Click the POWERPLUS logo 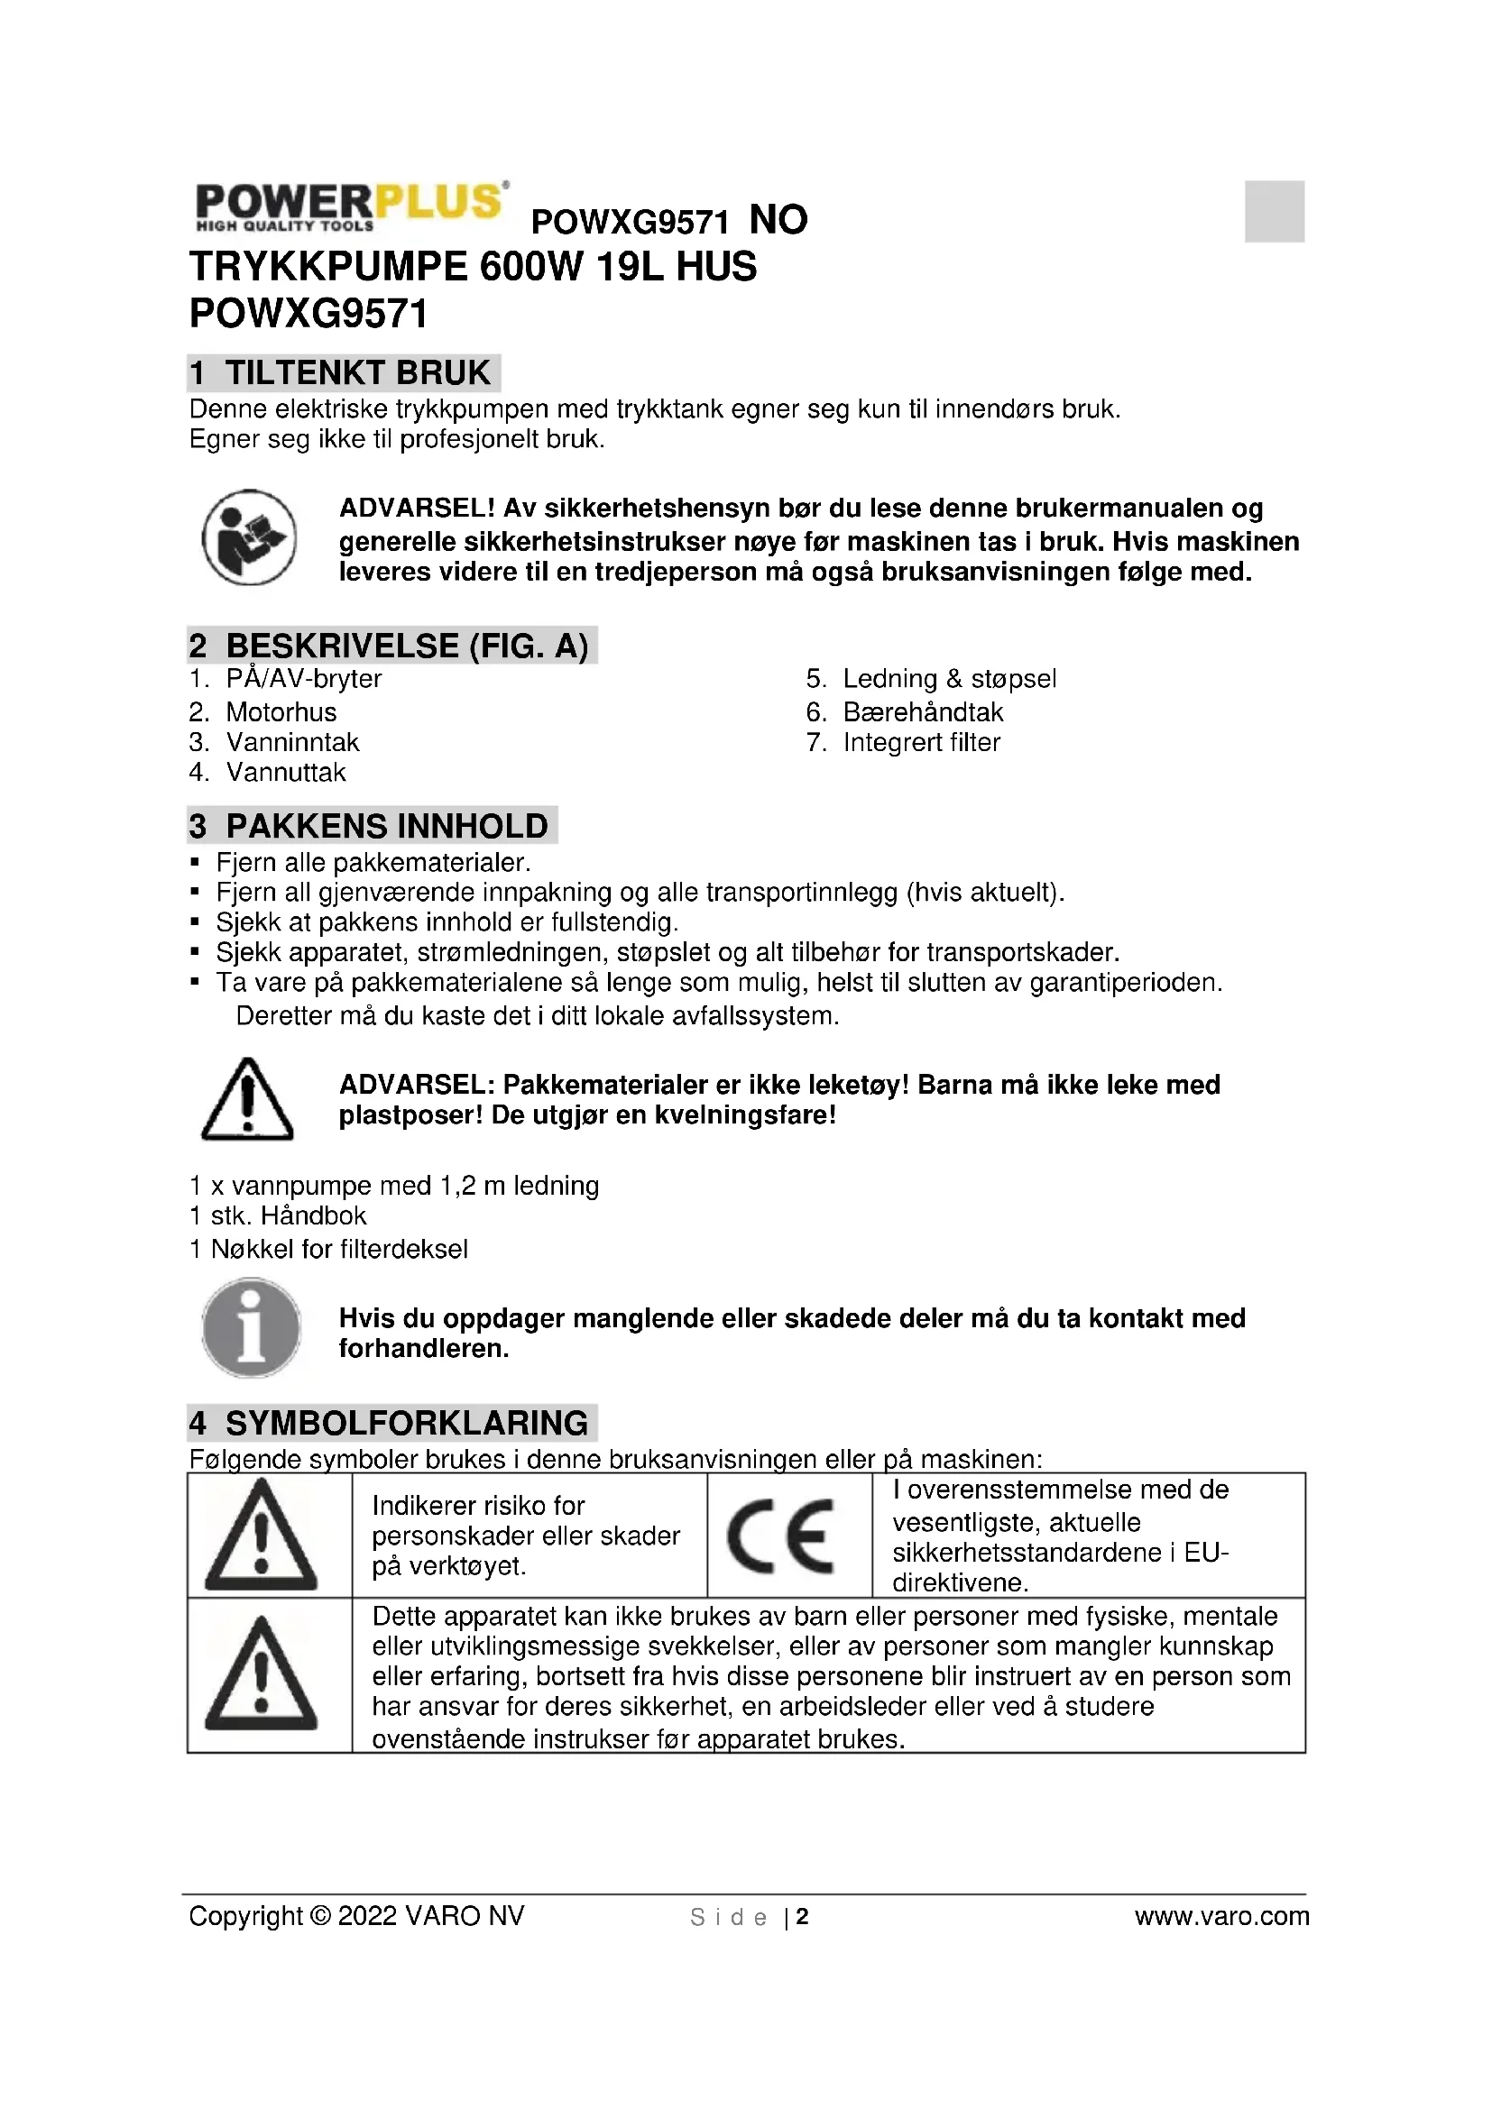tap(349, 206)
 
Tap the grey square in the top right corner tap(1275, 211)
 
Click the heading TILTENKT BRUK tap(344, 373)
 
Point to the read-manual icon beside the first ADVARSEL tap(249, 537)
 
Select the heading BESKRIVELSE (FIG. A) tap(392, 646)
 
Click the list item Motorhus tap(281, 712)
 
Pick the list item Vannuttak tap(286, 773)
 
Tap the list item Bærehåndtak tap(924, 712)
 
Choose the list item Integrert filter tap(922, 742)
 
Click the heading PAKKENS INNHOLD tap(372, 826)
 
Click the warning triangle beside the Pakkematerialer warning tap(247, 1099)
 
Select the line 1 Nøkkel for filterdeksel tap(329, 1249)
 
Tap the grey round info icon tap(251, 1327)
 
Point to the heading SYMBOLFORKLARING tap(392, 1423)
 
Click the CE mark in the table tap(781, 1536)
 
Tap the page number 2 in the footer tap(802, 1917)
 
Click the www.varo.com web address tap(1222, 1916)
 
